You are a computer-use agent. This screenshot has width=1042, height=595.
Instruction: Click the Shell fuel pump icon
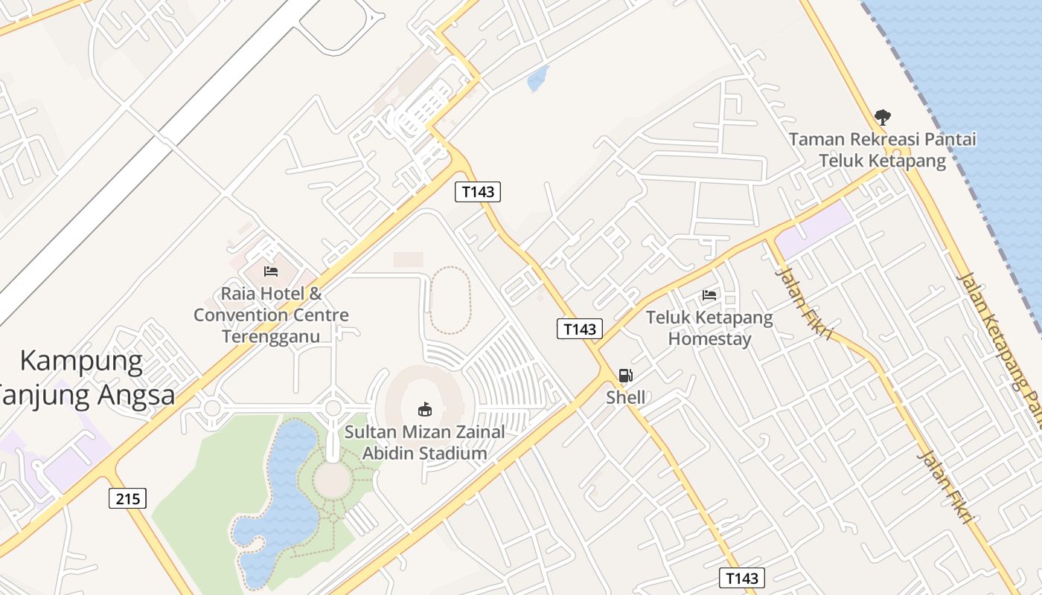click(626, 376)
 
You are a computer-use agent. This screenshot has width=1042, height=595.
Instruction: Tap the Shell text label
click(626, 397)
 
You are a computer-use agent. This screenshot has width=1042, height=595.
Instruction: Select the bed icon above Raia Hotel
click(271, 271)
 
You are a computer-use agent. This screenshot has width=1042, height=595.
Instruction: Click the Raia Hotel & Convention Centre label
click(271, 315)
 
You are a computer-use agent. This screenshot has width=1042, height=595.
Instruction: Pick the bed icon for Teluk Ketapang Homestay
click(709, 295)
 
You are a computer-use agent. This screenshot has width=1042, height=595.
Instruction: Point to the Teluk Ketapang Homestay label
click(709, 328)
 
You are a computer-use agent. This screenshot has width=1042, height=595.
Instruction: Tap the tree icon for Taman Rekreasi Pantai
click(883, 118)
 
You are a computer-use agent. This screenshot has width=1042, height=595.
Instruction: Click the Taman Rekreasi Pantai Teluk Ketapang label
click(883, 149)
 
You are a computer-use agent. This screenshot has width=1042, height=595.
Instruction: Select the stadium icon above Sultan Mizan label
click(424, 409)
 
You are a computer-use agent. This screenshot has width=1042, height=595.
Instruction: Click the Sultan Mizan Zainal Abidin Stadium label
click(424, 443)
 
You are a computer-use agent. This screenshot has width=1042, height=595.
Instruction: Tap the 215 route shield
click(128, 498)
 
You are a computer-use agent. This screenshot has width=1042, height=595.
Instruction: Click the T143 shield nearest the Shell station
click(580, 329)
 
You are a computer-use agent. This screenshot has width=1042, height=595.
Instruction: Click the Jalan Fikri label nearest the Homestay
click(803, 303)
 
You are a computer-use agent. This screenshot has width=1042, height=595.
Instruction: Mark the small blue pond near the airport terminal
click(537, 78)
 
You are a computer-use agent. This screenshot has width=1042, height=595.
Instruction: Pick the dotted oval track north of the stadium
click(450, 300)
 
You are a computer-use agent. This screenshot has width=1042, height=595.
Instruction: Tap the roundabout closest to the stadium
click(333, 408)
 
